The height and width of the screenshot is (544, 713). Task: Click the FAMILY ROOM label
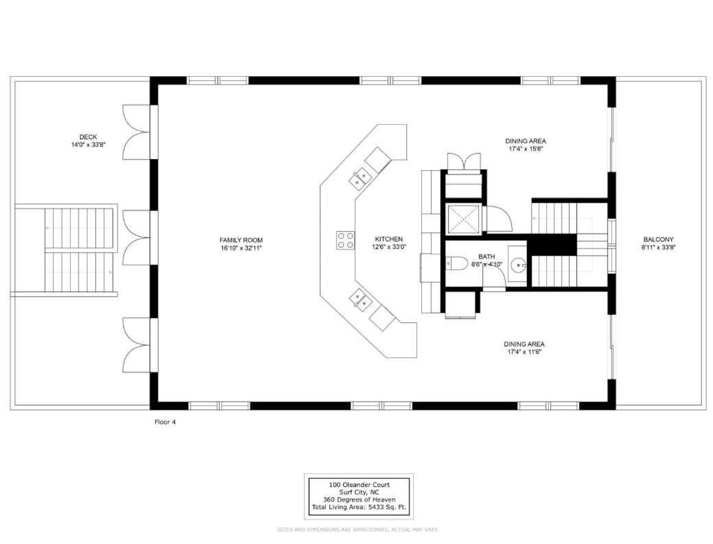(x=241, y=240)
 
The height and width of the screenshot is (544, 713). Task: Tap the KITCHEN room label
(x=389, y=239)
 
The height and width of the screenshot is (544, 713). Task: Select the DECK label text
(x=89, y=137)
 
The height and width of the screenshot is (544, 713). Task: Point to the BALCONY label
(x=658, y=239)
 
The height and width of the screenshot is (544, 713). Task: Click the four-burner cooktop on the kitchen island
(x=346, y=240)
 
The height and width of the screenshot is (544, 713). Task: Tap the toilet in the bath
(x=456, y=263)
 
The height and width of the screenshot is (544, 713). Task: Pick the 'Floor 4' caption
(x=165, y=422)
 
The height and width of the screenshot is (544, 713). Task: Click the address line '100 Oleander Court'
(x=359, y=485)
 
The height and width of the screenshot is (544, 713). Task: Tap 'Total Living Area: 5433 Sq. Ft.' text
(x=359, y=507)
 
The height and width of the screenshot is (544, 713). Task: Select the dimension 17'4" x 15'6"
(x=526, y=149)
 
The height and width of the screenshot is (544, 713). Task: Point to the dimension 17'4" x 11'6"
(x=524, y=352)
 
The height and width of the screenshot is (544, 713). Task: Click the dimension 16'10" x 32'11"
(x=241, y=248)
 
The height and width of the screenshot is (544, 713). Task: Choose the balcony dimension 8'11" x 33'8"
(x=658, y=248)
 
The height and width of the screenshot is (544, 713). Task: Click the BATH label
(x=487, y=257)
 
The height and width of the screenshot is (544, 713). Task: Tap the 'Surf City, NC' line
(x=359, y=492)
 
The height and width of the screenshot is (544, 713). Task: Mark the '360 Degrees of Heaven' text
(x=359, y=500)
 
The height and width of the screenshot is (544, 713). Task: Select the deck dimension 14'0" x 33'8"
(x=89, y=145)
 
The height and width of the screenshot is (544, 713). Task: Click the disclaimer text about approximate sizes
(x=358, y=530)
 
